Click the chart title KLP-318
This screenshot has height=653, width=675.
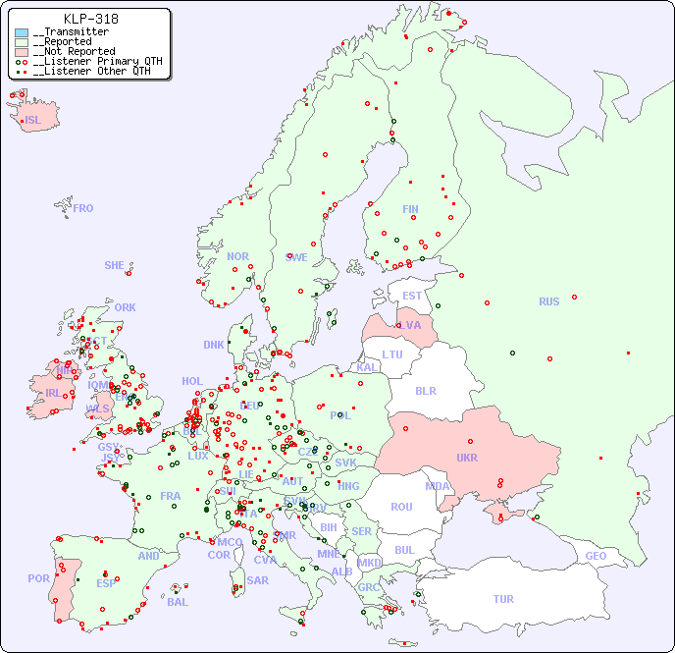91,19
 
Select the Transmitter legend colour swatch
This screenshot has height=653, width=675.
22,32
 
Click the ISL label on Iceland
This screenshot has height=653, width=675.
33,121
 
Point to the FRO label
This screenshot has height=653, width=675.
83,208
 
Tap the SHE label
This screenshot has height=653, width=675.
115,265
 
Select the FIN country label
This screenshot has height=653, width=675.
410,209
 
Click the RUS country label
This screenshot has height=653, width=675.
548,301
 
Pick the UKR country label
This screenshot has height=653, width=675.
467,458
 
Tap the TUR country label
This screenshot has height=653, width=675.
503,599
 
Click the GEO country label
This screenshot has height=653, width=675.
596,556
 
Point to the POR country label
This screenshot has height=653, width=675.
38,578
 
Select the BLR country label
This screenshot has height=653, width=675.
426,390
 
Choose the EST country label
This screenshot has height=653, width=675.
412,296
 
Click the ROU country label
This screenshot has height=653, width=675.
401,507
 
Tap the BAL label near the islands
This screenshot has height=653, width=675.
178,602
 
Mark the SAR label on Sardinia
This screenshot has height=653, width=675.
258,580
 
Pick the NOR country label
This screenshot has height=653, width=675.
237,256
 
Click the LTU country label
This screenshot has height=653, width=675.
392,354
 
